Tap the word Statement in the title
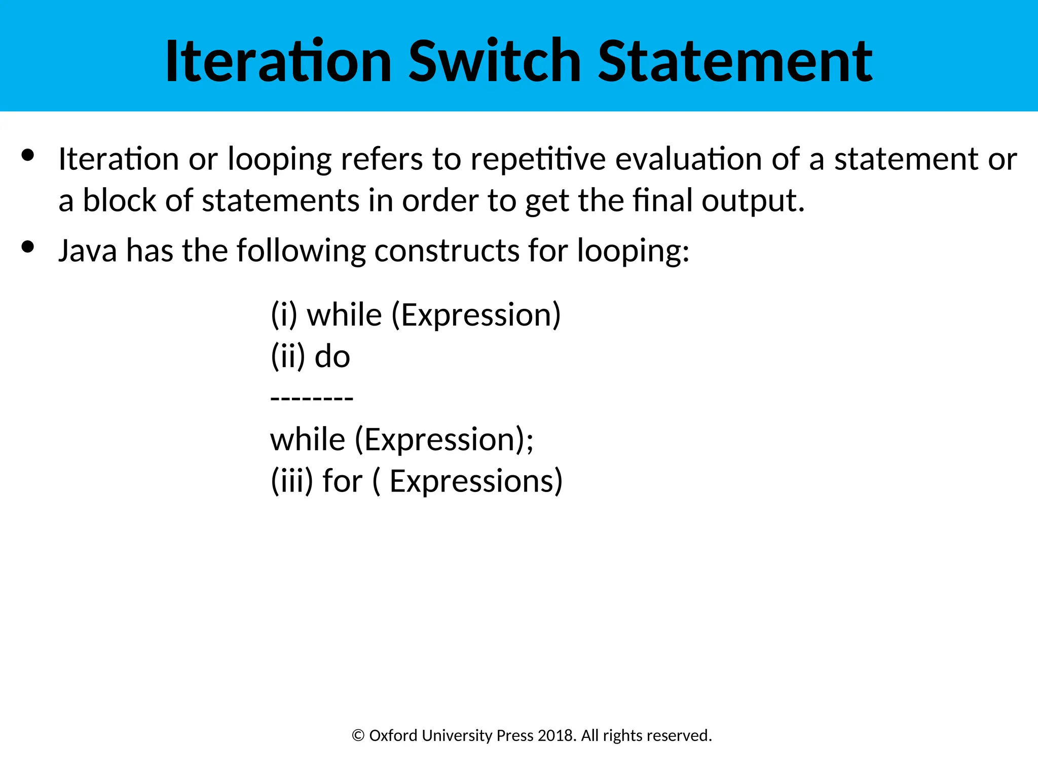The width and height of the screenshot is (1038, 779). [735, 62]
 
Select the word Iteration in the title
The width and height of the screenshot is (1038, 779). [278, 62]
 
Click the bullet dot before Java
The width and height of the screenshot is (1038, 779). [28, 247]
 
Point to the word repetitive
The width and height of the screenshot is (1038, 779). [538, 159]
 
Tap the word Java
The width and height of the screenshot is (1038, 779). [88, 251]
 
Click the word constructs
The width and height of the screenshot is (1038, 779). [447, 251]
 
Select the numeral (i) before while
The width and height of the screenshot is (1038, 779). [284, 315]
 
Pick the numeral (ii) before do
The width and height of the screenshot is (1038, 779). [288, 357]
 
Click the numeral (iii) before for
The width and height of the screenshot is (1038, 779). [292, 481]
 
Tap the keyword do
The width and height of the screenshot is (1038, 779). [332, 357]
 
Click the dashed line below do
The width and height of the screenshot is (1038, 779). [312, 398]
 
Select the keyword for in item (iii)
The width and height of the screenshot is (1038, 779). [342, 481]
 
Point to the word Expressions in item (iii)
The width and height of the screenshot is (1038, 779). [475, 481]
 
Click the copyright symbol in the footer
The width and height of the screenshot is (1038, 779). [358, 736]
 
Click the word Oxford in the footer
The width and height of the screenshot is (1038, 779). [393, 736]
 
